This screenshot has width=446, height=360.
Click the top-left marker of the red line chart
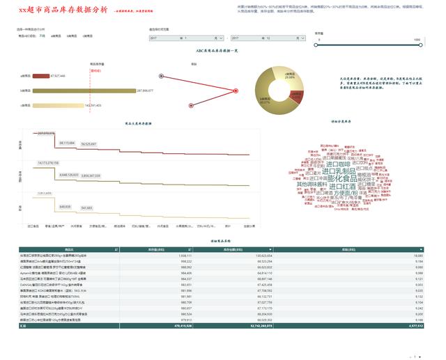coord(161,76)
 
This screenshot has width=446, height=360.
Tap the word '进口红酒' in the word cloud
coord(341,186)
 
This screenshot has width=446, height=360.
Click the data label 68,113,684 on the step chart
coord(68,142)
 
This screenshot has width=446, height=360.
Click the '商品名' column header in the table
coord(69,249)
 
